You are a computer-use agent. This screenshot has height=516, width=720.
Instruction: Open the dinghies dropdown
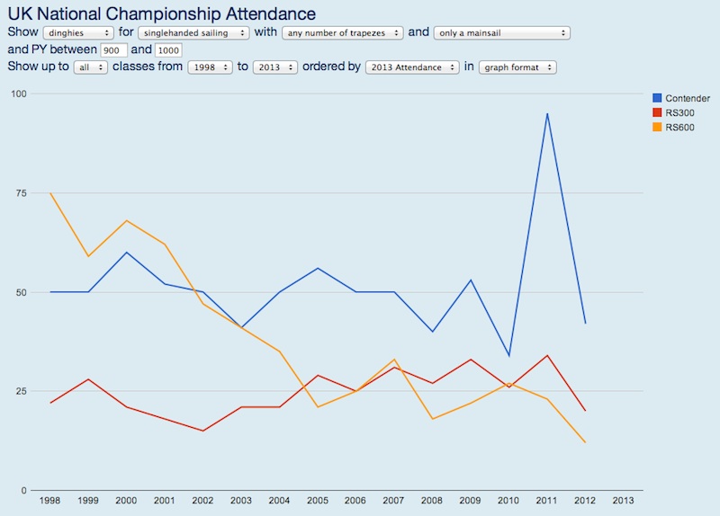pyautogui.click(x=80, y=33)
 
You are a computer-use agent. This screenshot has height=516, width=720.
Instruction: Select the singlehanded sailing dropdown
pyautogui.click(x=193, y=33)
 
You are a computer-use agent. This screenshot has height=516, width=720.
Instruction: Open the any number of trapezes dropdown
pyautogui.click(x=342, y=33)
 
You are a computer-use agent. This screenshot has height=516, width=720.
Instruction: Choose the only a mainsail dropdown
pyautogui.click(x=502, y=33)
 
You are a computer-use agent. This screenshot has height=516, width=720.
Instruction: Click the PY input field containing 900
pyautogui.click(x=114, y=50)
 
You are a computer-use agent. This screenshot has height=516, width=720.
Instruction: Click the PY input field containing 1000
pyautogui.click(x=168, y=50)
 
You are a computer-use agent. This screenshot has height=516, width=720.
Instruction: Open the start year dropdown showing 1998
pyautogui.click(x=210, y=67)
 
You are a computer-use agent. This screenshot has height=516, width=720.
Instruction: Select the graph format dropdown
pyautogui.click(x=517, y=67)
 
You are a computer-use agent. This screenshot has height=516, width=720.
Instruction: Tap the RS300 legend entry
pyautogui.click(x=679, y=112)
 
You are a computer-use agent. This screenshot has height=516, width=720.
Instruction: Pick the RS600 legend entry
pyautogui.click(x=679, y=127)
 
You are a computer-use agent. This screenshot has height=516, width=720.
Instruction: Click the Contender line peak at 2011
pyautogui.click(x=547, y=113)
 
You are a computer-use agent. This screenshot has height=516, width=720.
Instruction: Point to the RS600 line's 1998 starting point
pyautogui.click(x=50, y=193)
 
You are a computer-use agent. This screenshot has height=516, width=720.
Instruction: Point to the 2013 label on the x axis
pyautogui.click(x=623, y=501)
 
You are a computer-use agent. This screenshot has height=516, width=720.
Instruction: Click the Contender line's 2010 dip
pyautogui.click(x=508, y=355)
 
